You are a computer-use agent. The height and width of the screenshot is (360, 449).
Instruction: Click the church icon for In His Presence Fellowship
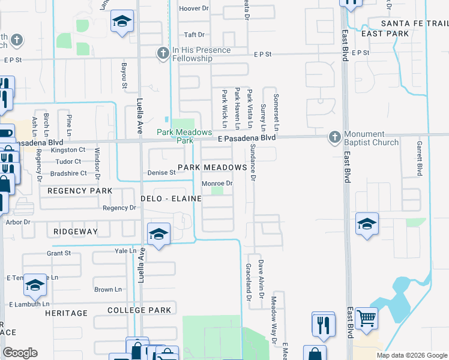[162, 54]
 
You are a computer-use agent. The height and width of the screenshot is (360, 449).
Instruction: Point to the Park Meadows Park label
[185, 136]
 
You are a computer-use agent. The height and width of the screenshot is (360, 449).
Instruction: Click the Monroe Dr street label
[217, 183]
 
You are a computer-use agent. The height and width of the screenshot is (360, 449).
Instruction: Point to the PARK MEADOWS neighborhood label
[212, 167]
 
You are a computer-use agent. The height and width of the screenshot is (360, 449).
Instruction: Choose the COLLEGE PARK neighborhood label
[139, 310]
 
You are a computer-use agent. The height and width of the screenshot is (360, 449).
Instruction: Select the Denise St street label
[161, 173]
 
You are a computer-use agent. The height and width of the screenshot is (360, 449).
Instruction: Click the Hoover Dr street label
[193, 8]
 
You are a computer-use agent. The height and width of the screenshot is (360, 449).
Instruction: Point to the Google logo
[20, 353]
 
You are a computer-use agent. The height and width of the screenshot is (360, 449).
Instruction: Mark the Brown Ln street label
[108, 289]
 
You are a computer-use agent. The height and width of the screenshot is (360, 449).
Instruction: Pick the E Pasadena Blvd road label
[247, 138]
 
